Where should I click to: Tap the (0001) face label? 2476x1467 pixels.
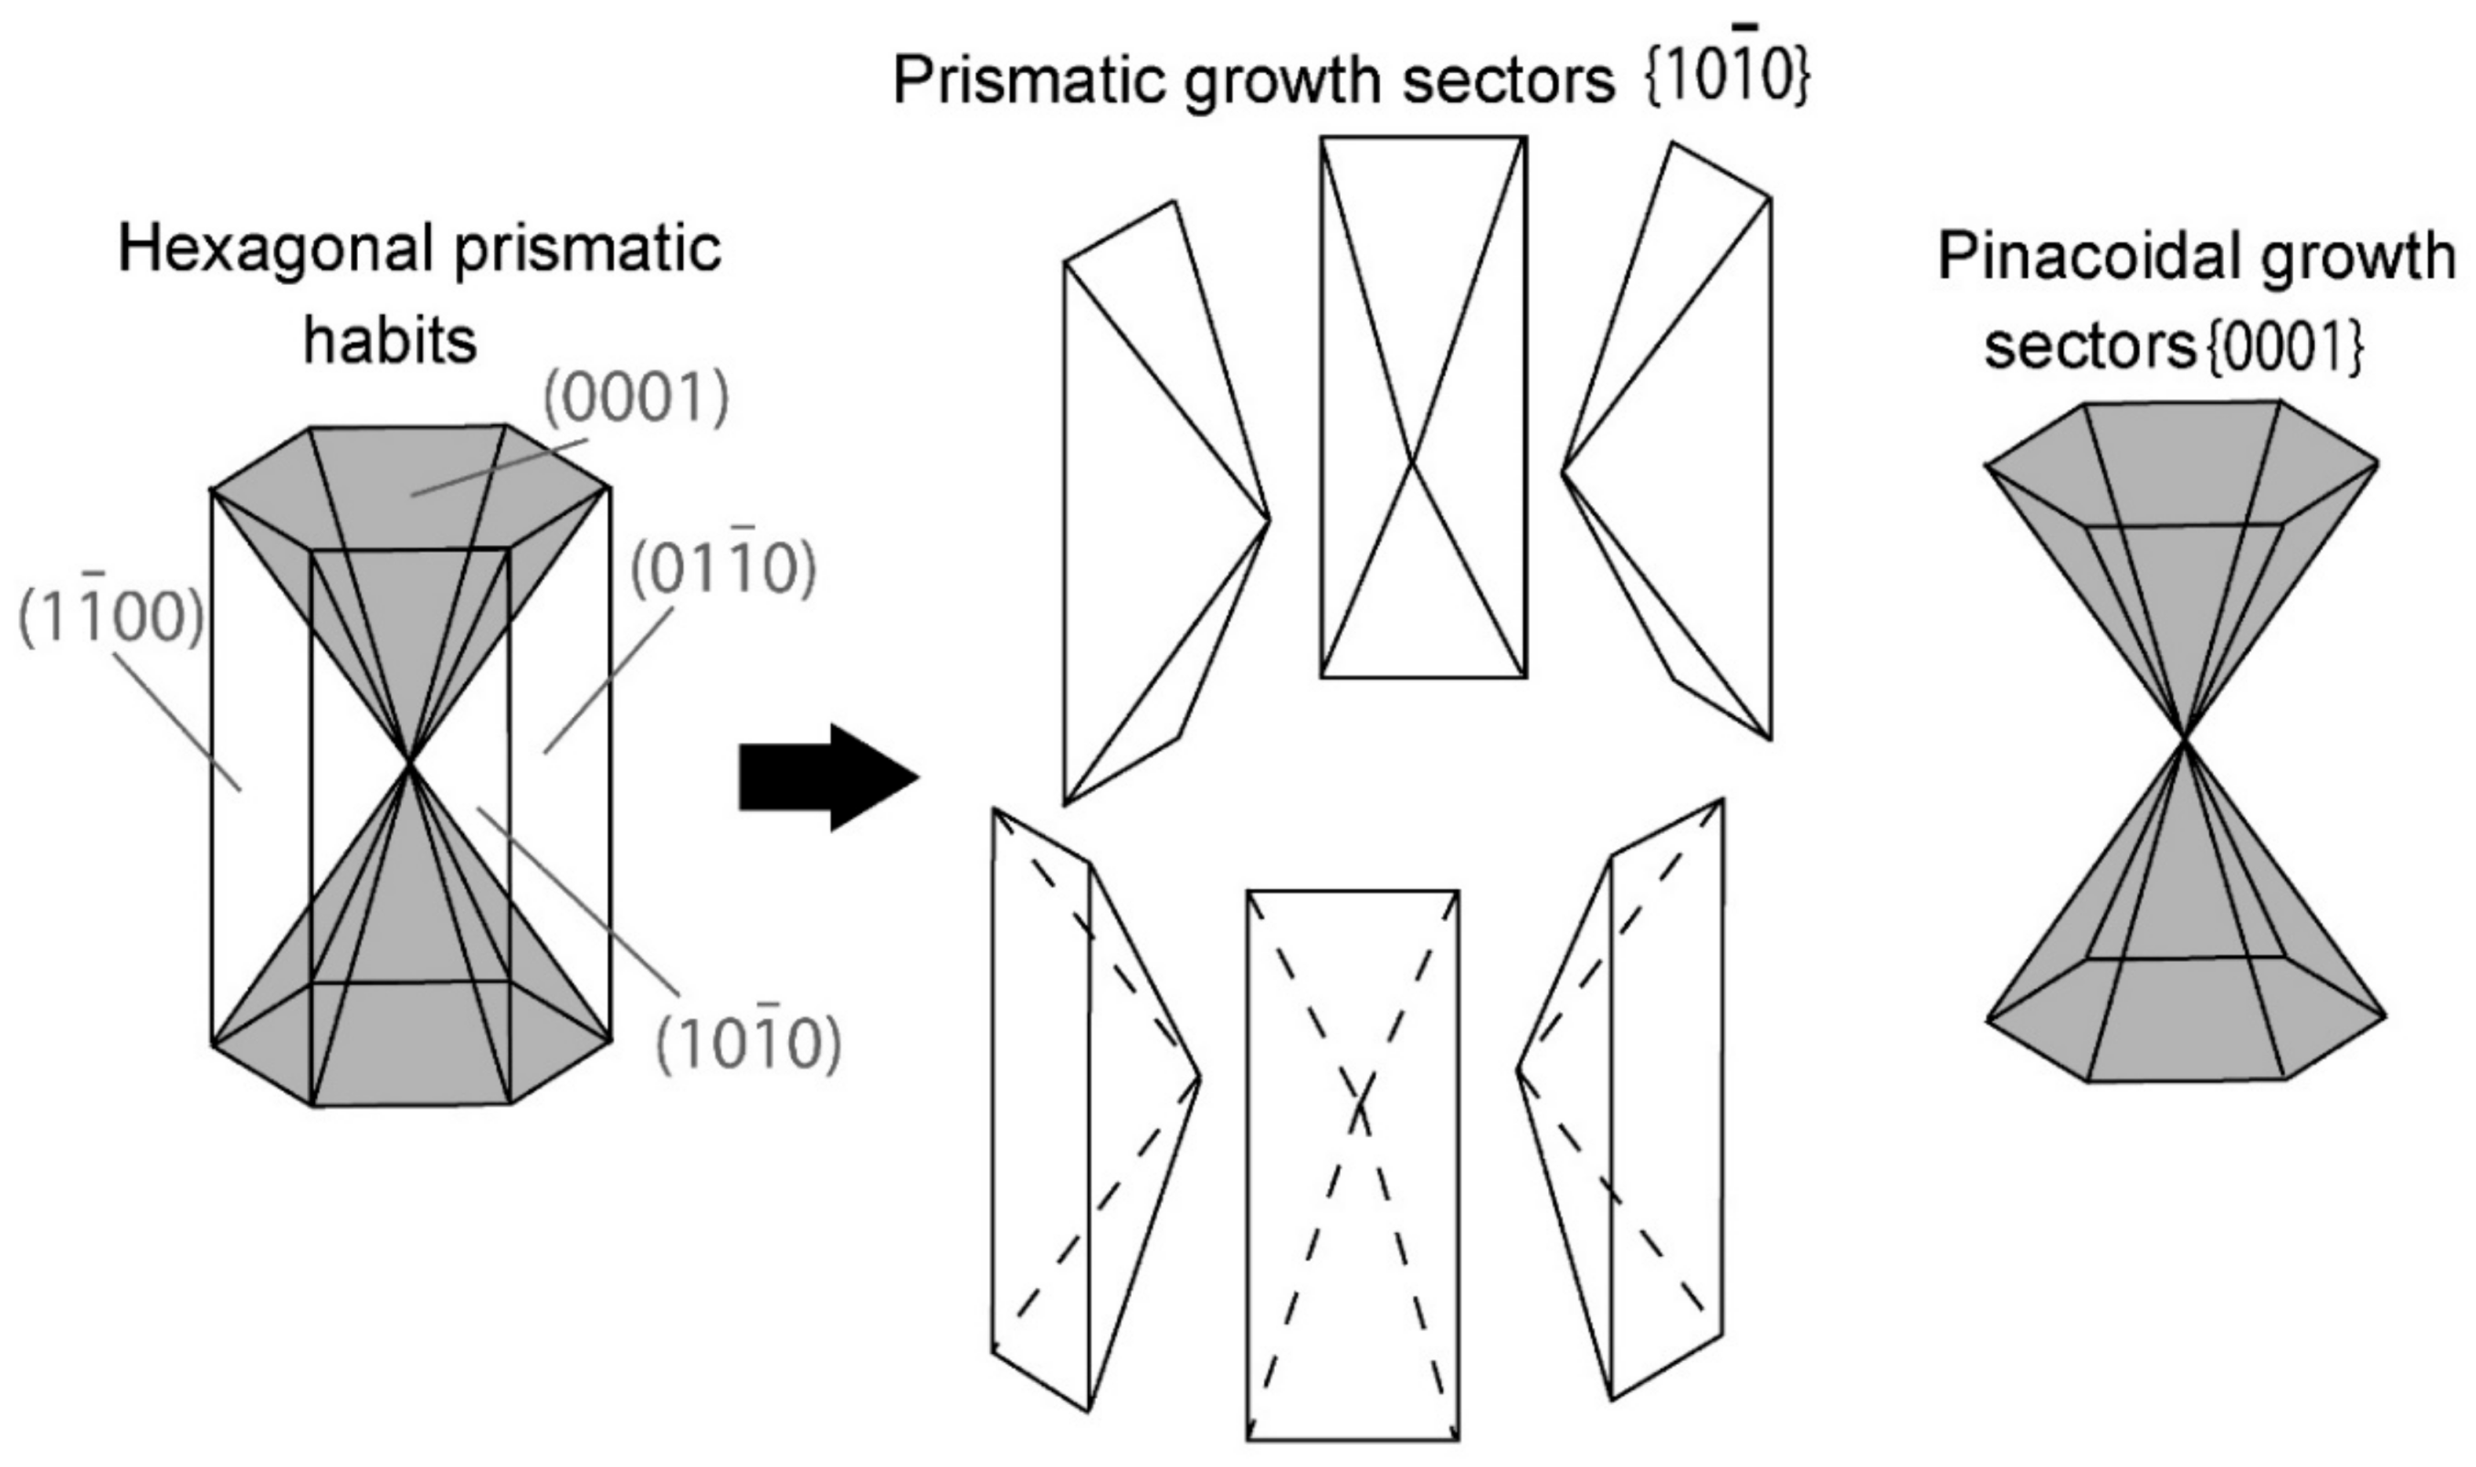point(636,398)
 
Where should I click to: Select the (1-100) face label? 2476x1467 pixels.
point(111,617)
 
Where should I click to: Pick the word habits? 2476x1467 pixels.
point(389,341)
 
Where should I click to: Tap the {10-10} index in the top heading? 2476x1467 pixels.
point(1727,77)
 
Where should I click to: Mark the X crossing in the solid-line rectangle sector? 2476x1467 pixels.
point(1414,461)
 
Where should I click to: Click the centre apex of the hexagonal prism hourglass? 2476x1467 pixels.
point(409,761)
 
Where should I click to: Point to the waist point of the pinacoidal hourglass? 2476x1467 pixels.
point(2186,738)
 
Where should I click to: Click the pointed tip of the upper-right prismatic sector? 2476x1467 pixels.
point(1564,472)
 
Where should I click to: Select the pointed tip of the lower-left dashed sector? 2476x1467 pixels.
point(1198,1077)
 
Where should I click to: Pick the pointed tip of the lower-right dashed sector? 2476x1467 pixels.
point(1517,1070)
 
